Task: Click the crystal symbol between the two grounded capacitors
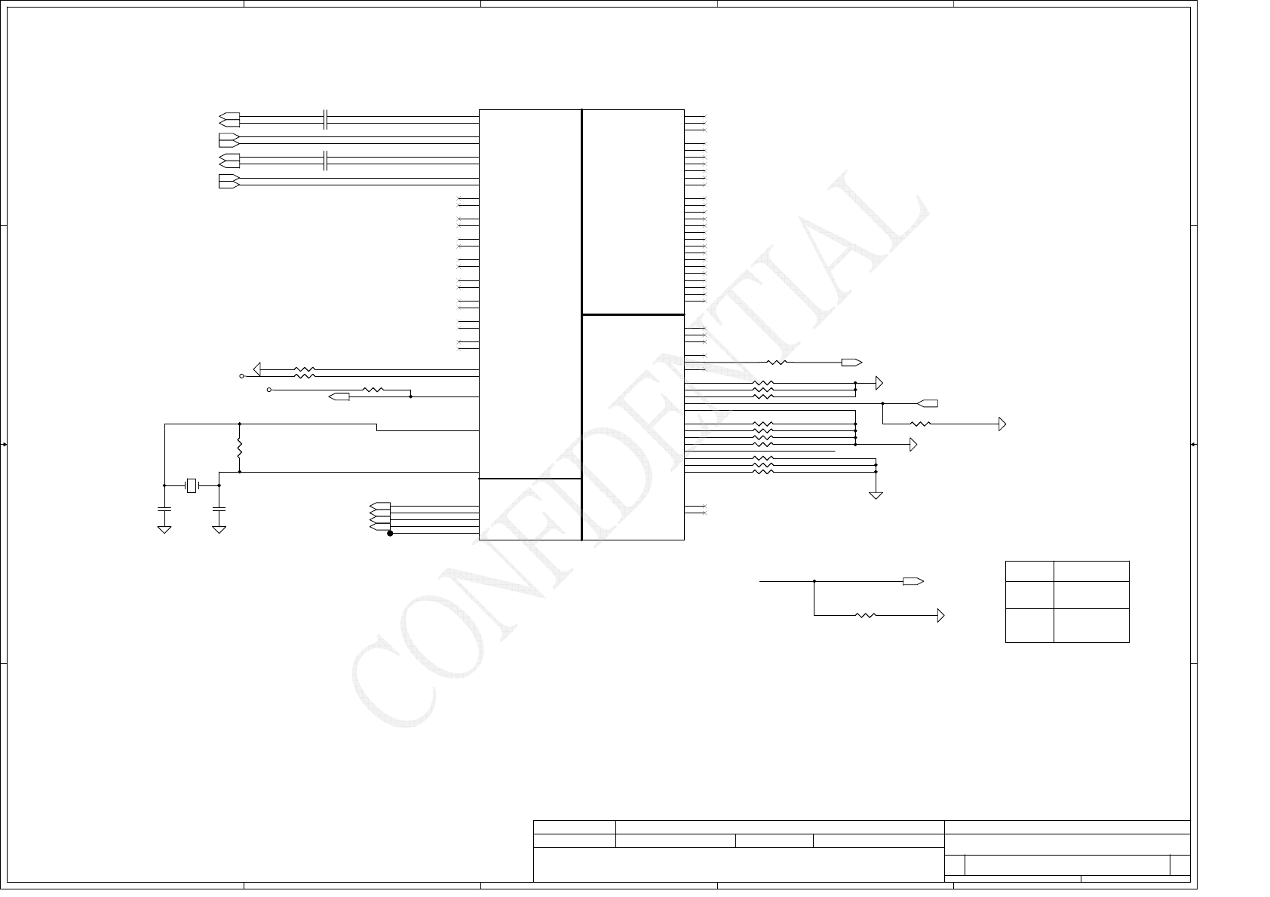(x=192, y=485)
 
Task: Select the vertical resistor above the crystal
(x=239, y=449)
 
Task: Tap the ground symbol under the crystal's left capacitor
(x=164, y=530)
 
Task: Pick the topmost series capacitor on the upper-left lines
(x=325, y=118)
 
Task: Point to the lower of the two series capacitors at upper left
(x=325, y=160)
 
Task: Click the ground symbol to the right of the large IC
(x=876, y=495)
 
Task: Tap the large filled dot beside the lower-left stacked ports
(x=390, y=533)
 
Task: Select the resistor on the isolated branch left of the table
(x=866, y=616)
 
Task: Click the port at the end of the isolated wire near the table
(x=913, y=581)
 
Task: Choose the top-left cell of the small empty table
(x=1029, y=571)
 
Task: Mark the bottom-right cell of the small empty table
(x=1091, y=626)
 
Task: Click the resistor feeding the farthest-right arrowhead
(x=921, y=424)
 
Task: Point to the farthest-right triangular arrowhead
(x=1002, y=424)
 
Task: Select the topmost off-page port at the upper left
(x=229, y=119)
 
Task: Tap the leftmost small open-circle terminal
(x=242, y=375)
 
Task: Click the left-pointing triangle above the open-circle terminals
(x=257, y=369)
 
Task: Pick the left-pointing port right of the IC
(x=928, y=403)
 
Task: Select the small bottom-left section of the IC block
(x=530, y=509)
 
